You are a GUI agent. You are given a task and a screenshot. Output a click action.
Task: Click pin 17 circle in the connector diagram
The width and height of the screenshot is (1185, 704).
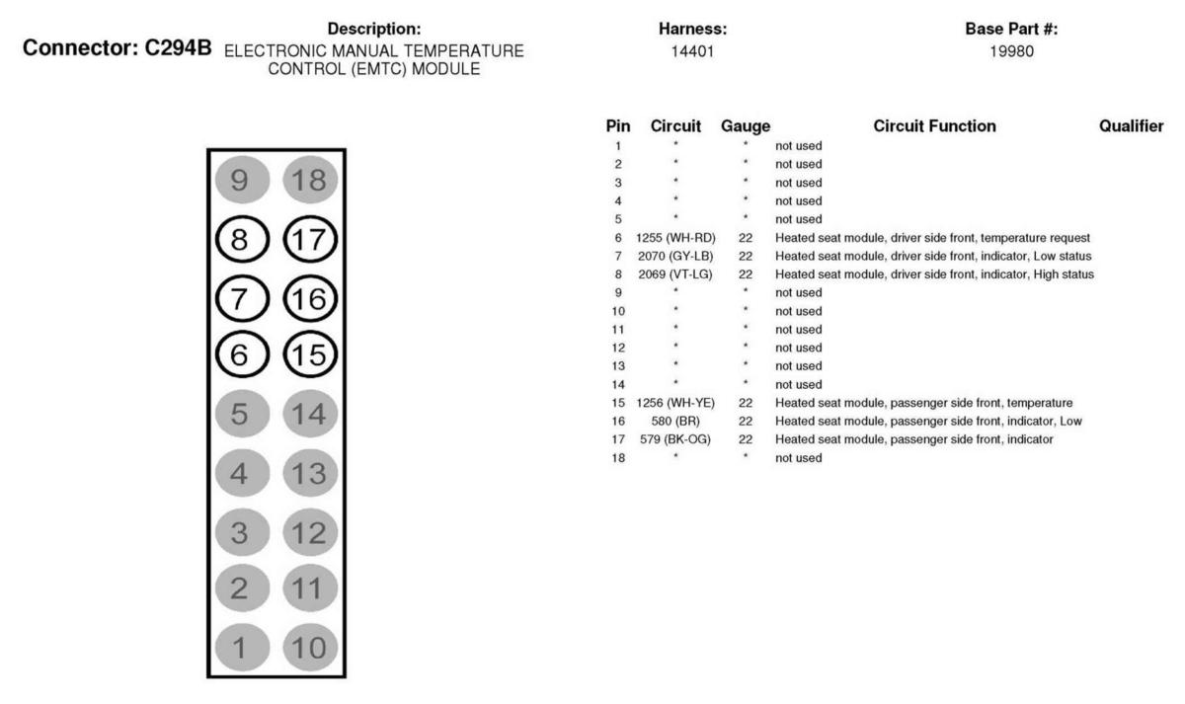310,240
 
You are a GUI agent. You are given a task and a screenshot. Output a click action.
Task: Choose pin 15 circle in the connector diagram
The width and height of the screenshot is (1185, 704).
310,353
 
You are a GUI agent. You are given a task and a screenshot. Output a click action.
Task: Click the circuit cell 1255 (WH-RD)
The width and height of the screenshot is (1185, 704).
676,238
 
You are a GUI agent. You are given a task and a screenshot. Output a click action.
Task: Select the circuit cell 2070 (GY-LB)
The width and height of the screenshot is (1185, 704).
676,256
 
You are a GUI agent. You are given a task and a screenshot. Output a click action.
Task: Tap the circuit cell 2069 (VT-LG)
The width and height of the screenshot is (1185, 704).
676,274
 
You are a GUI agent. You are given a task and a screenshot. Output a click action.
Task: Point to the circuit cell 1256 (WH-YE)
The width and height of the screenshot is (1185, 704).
676,403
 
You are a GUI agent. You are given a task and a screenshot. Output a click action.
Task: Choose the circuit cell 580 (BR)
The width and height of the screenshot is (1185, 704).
676,422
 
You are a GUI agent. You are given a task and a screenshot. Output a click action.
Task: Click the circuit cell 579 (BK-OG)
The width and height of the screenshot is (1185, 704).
676,439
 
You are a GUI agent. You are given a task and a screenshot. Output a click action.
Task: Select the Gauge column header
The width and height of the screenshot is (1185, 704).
746,126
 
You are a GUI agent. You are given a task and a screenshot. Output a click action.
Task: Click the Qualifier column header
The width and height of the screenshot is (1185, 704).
1131,126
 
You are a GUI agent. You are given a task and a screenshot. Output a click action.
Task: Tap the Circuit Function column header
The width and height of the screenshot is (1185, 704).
934,126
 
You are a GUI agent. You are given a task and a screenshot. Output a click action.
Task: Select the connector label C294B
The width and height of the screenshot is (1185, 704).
183,46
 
